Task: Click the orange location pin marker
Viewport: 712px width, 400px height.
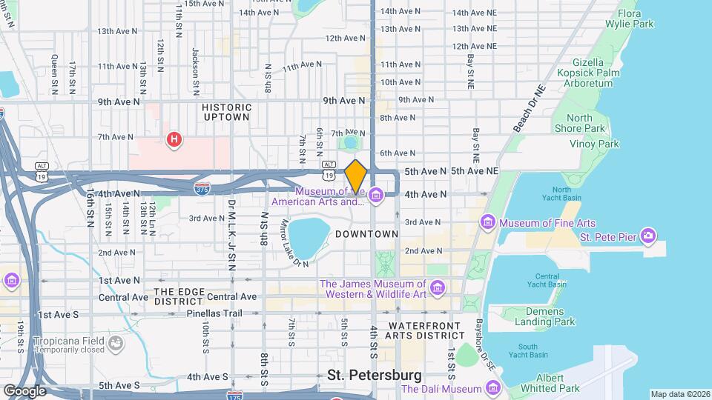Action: click(x=356, y=176)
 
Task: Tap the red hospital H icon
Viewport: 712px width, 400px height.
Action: click(x=174, y=139)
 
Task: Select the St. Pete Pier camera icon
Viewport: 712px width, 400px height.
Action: click(x=648, y=236)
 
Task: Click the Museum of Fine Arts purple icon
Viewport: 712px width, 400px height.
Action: click(x=487, y=222)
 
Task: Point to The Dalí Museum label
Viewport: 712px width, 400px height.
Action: click(x=442, y=389)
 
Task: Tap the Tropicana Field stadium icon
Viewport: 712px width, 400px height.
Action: click(x=115, y=342)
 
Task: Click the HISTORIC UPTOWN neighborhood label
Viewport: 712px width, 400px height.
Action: click(x=226, y=112)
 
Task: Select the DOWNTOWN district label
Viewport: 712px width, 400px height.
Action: click(x=367, y=234)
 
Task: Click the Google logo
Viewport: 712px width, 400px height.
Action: click(x=24, y=391)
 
